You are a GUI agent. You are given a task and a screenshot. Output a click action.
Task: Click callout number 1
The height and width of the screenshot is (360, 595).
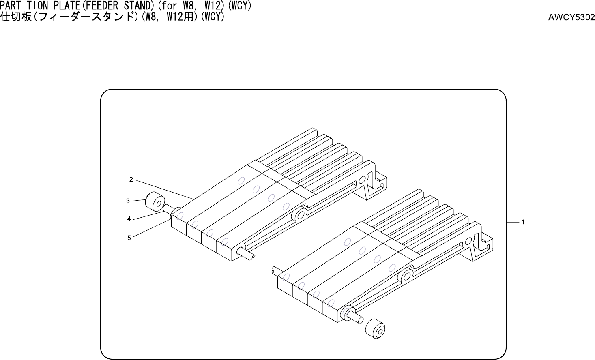523,222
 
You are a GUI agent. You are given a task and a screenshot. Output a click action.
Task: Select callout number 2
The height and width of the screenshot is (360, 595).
131,179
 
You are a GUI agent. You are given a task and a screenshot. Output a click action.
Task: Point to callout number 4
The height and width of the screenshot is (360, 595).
129,219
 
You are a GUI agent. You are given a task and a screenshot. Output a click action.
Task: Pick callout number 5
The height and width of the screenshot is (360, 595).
129,238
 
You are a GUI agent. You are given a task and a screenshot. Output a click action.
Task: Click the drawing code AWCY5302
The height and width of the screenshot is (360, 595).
571,17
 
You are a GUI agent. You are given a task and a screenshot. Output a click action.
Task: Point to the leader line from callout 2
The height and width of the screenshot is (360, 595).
162,189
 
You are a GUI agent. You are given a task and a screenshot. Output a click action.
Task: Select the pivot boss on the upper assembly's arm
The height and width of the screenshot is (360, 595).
299,215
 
